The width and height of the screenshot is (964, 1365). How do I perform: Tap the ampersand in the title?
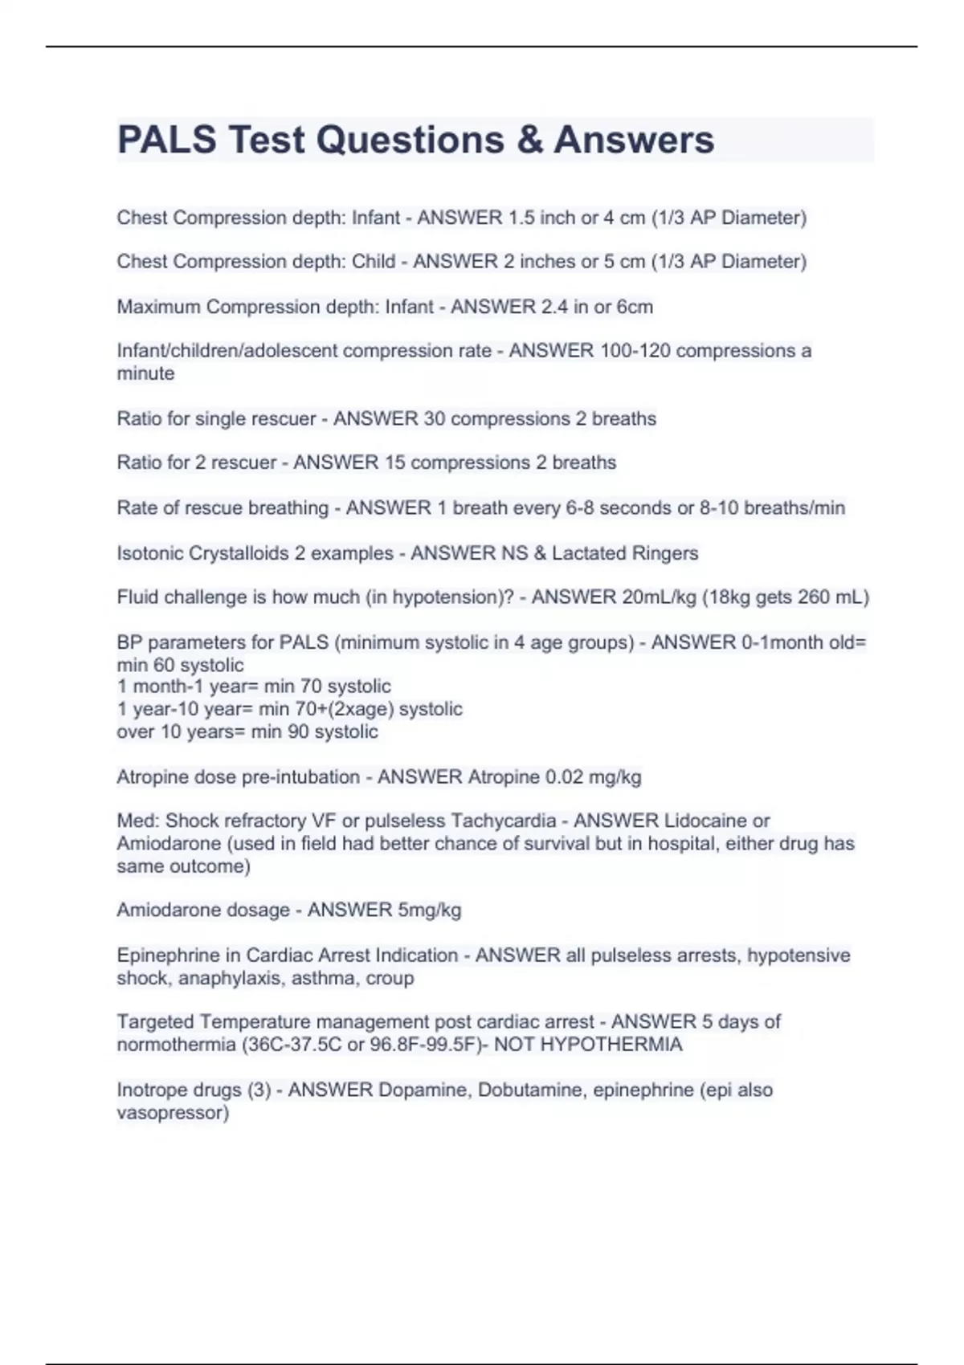pos(529,140)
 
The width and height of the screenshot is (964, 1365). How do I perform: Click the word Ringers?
pos(664,553)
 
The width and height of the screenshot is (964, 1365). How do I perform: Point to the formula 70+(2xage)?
pos(348,709)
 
